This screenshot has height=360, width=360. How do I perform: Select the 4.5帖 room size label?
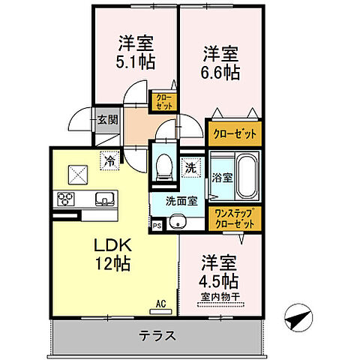tap(220, 282)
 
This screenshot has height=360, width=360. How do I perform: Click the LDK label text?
tap(112, 246)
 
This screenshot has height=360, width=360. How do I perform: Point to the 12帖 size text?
tap(112, 264)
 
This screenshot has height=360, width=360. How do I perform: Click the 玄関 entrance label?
tap(106, 119)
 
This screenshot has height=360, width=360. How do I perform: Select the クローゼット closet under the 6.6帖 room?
tap(235, 133)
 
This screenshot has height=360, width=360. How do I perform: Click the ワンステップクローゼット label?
tap(235, 217)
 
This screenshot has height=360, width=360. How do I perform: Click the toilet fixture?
tap(162, 164)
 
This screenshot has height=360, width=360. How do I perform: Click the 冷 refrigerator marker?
tap(109, 160)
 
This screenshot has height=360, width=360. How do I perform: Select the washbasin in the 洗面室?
tap(178, 223)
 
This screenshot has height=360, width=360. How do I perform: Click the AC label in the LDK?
tap(160, 304)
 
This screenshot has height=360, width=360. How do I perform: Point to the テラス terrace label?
tap(157, 335)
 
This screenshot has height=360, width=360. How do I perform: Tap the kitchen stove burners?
tap(64, 199)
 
